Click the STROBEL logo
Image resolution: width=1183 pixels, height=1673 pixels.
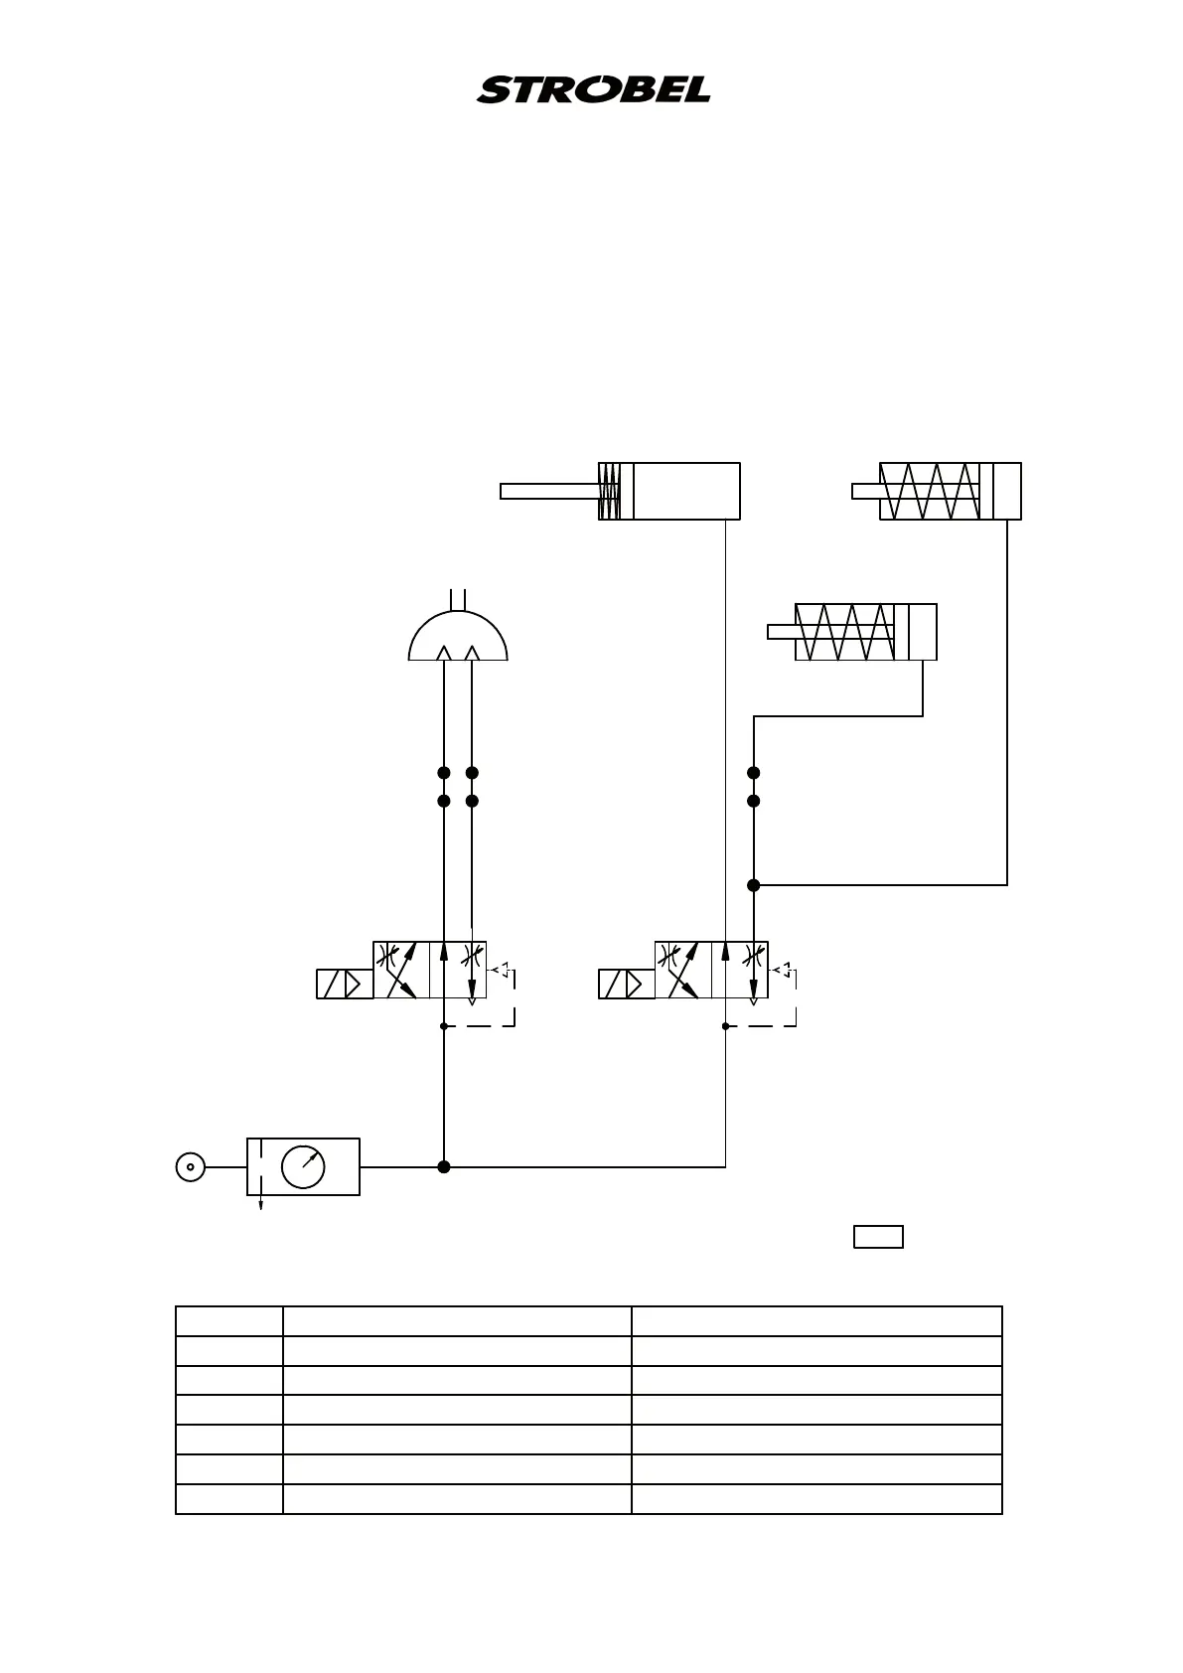pyautogui.click(x=593, y=89)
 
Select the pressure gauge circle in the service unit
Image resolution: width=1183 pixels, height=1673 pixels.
pyautogui.click(x=303, y=1166)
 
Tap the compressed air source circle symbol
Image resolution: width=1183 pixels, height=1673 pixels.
pyautogui.click(x=190, y=1166)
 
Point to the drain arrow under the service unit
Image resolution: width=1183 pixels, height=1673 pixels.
pyautogui.click(x=261, y=1203)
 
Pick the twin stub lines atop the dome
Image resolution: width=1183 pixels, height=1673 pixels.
pyautogui.click(x=458, y=598)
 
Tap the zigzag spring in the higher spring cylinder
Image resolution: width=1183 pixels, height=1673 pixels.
pyautogui.click(x=930, y=491)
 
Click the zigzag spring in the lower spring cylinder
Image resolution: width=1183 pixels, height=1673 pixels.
pyautogui.click(x=844, y=632)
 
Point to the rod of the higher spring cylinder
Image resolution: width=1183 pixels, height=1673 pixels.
pyautogui.click(x=865, y=491)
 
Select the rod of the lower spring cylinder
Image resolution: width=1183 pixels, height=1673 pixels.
pyautogui.click(x=781, y=632)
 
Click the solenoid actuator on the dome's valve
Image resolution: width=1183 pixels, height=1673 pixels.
pyautogui.click(x=345, y=984)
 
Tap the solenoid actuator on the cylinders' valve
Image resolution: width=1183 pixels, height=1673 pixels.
pyautogui.click(x=627, y=984)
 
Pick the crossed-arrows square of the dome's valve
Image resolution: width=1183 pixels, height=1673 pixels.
pyautogui.click(x=401, y=970)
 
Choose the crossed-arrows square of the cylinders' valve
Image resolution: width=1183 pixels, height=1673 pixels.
pyautogui.click(x=683, y=970)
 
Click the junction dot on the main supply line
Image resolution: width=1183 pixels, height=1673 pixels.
pyautogui.click(x=444, y=1166)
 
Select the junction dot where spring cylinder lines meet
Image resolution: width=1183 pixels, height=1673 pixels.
pyautogui.click(x=754, y=884)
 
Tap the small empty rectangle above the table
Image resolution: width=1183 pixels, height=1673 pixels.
pyautogui.click(x=878, y=1237)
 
